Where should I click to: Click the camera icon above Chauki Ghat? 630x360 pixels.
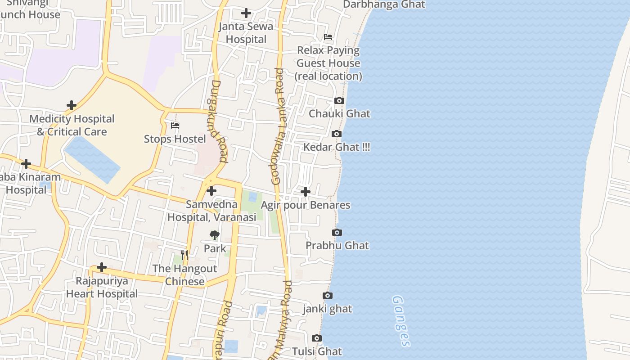click(x=339, y=100)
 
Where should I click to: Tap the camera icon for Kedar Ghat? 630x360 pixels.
click(x=336, y=134)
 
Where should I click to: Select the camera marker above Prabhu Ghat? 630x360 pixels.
click(x=337, y=232)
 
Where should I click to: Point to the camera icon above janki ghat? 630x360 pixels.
click(x=328, y=296)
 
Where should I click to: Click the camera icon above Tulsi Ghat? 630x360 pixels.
click(x=317, y=338)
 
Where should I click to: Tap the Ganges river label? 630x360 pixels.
click(x=401, y=321)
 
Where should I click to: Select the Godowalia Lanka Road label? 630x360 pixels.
click(x=278, y=126)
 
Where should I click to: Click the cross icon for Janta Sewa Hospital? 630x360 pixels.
click(x=246, y=13)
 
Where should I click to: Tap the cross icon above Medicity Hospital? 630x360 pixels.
click(x=72, y=105)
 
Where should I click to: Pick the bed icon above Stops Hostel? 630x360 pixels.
click(x=175, y=125)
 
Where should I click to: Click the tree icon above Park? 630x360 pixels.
click(x=215, y=234)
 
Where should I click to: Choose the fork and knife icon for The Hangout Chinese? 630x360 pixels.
click(x=184, y=255)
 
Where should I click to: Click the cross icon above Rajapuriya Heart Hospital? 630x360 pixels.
click(x=102, y=267)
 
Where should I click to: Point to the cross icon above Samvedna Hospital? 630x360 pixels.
click(x=211, y=191)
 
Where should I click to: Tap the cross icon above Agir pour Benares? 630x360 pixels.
click(x=306, y=192)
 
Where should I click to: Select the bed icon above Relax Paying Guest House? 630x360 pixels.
click(x=328, y=37)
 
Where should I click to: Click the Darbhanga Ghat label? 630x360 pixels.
click(x=384, y=4)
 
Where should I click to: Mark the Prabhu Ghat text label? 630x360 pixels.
click(x=337, y=246)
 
